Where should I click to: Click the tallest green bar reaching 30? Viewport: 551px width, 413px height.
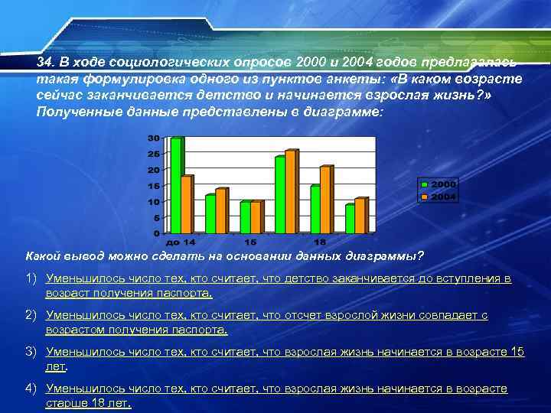[x=176, y=186]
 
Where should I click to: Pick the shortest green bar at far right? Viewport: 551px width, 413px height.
[x=350, y=219]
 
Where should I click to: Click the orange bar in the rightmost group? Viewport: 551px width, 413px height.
[x=360, y=216]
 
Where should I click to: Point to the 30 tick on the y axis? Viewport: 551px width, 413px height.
[x=153, y=138]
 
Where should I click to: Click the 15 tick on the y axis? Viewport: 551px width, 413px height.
[x=153, y=186]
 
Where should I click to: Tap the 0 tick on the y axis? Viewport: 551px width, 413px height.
[x=156, y=233]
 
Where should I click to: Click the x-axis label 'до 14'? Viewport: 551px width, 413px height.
[x=181, y=242]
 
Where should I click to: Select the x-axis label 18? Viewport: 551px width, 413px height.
[x=321, y=242]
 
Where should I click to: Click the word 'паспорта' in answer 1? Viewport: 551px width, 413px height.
[x=187, y=293]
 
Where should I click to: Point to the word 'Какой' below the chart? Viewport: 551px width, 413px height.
[x=42, y=255]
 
